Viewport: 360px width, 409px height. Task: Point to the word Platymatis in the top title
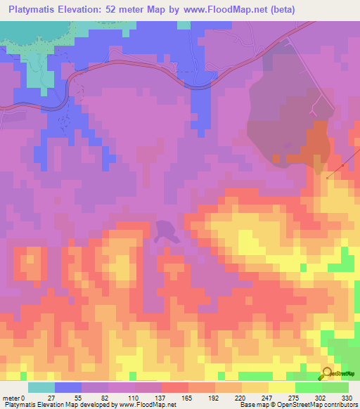(31, 9)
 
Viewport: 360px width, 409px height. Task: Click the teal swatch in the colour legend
(41, 387)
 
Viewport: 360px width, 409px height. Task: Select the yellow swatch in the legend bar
(282, 387)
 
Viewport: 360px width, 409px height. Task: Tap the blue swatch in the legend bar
(68, 387)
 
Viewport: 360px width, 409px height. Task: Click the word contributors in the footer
(339, 404)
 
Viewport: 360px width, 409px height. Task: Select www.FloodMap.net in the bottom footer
(148, 404)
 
